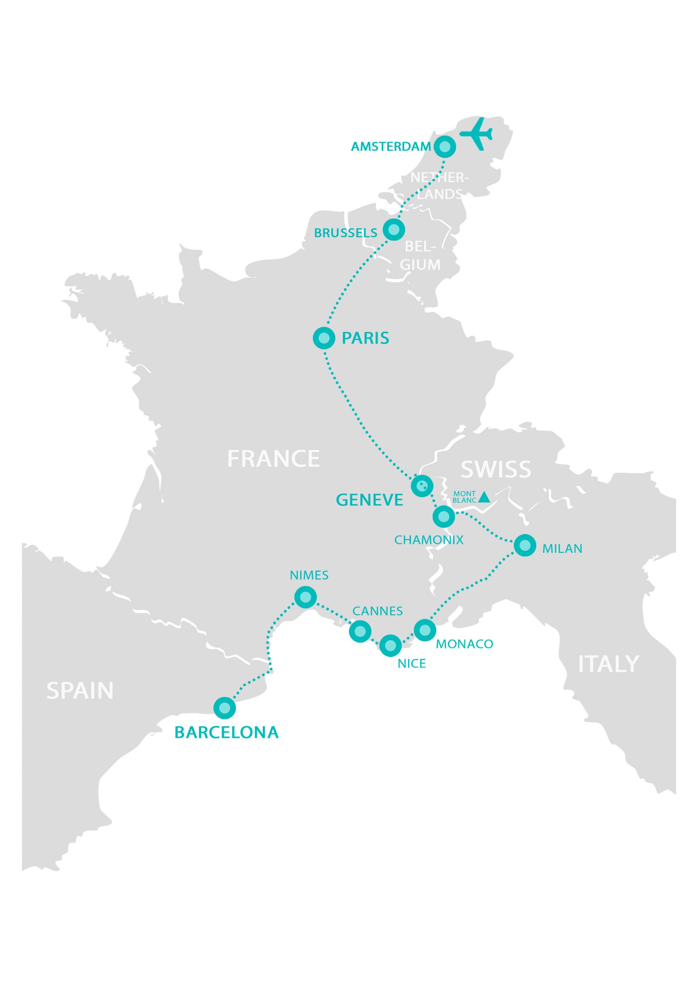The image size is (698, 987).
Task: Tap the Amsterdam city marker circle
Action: pos(445,147)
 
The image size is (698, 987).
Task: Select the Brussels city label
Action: pos(346,233)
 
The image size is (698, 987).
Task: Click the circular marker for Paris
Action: pos(324,338)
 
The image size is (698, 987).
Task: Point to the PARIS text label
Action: pos(365,338)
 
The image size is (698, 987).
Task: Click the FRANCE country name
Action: pos(273,459)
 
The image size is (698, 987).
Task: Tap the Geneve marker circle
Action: pos(422,486)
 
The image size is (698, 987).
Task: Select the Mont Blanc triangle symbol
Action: pos(484,497)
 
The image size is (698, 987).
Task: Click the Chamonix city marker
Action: pos(444,516)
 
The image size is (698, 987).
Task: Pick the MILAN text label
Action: pos(562,549)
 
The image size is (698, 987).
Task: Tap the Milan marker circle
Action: pos(525,546)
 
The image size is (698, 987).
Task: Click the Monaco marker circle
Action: pos(425,630)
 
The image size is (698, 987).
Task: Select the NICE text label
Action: pos(411,664)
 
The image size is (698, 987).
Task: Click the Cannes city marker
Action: pos(360,632)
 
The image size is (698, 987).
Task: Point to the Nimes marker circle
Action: pos(306,597)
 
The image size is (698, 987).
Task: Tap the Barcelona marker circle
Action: pos(224,707)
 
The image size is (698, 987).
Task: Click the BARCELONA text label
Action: pos(227,733)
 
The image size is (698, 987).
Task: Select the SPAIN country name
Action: pos(80,691)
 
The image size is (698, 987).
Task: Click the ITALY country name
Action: pos(608,665)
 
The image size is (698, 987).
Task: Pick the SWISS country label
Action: pos(496,470)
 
